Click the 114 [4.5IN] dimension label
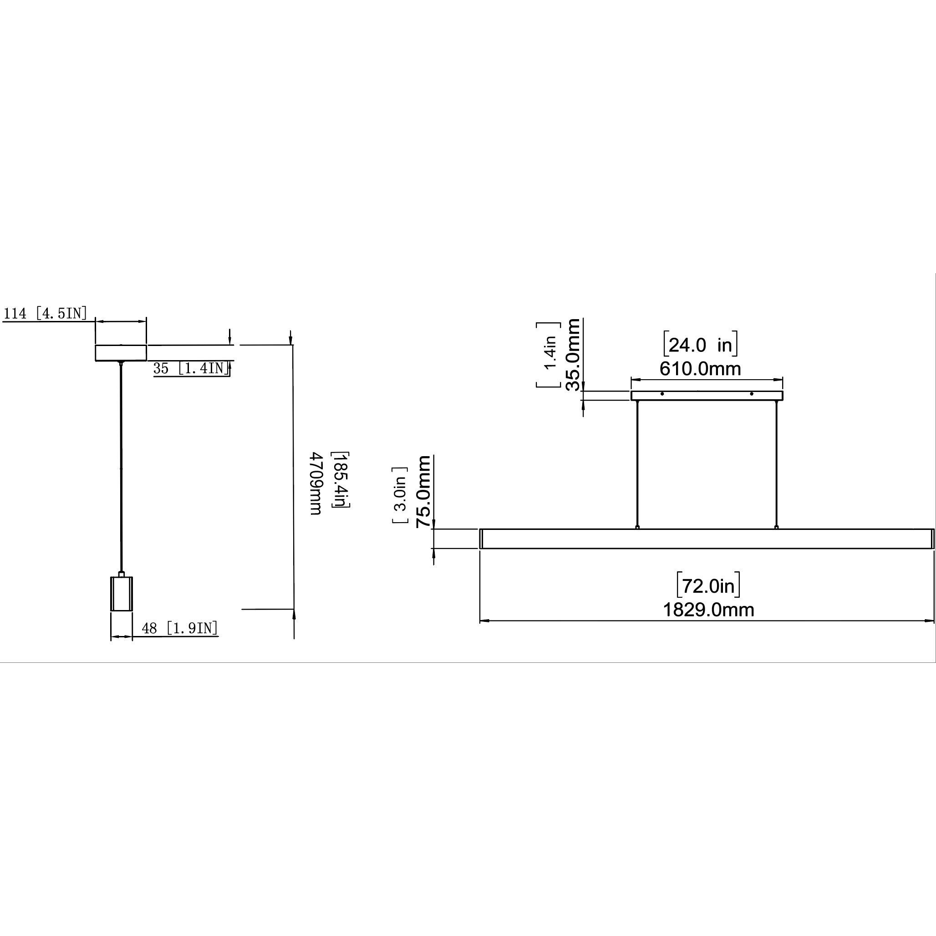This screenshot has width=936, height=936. point(46,314)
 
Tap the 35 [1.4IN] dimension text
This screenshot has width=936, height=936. point(191,368)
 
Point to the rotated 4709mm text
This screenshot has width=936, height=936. point(316,483)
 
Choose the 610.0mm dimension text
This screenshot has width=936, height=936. point(700,369)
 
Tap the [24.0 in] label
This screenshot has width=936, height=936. point(700,345)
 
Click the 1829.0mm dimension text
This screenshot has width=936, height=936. point(708,610)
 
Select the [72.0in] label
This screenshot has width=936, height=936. point(708,586)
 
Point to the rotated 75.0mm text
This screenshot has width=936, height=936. point(423,491)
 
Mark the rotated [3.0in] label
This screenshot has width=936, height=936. point(400,495)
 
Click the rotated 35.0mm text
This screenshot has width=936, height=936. point(573,355)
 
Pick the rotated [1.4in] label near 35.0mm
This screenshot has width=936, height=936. point(549,355)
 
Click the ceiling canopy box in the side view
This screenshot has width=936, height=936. point(121,353)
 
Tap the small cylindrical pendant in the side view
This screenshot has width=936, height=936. point(122,594)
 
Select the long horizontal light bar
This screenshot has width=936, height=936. point(707,538)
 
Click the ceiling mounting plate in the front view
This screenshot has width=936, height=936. point(707,396)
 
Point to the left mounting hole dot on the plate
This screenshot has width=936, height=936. point(662,394)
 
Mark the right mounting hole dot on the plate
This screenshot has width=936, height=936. point(752,394)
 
